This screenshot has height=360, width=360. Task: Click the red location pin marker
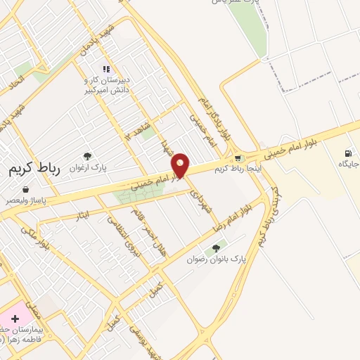pos(181,165)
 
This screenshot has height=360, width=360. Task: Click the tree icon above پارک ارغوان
pos(87,156)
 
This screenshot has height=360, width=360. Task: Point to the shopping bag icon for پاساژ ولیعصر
pos(26,189)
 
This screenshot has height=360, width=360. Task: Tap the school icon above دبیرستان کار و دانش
pos(106,69)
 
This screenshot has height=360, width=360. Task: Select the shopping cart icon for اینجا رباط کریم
pos(238,159)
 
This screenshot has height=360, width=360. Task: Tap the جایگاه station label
pos(348,165)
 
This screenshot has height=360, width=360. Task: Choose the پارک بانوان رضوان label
pos(217,259)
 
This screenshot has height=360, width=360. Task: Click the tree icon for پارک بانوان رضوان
pos(217,247)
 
